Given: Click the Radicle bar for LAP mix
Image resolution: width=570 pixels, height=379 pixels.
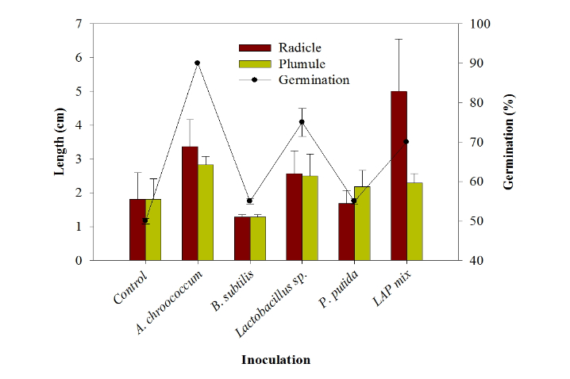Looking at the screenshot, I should pos(399,176).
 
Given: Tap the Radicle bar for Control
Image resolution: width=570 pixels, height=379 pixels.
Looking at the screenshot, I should pos(137,230).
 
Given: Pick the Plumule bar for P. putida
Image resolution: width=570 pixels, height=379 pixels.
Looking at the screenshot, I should pos(362,224).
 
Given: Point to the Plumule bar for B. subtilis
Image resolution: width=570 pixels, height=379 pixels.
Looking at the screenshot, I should pos(258,239).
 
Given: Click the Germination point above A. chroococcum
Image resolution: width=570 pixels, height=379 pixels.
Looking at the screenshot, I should pos(197,63).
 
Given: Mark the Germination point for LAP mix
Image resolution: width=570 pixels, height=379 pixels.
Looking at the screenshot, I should pos(406,142).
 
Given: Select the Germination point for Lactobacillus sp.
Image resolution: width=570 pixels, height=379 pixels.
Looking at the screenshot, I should pos(302,122).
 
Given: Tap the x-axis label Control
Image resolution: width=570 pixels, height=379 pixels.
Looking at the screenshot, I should pos(130,286).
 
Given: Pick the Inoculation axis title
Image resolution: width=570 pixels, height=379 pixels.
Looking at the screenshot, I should pos(275,360).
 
